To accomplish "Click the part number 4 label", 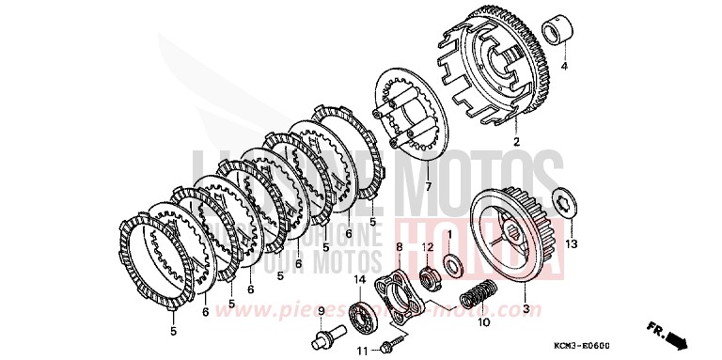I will click(566, 68).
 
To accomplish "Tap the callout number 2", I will click(516, 142).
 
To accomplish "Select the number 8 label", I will click(399, 246).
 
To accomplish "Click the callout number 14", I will click(360, 279).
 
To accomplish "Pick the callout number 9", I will click(321, 310).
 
